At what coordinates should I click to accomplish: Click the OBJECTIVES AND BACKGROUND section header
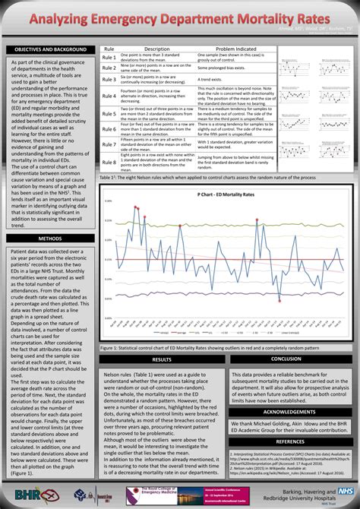(49, 49)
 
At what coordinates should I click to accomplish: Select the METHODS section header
(49, 238)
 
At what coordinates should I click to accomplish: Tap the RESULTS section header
(162, 337)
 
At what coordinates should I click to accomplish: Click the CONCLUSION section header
(286, 337)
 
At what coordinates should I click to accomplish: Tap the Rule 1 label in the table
(109, 57)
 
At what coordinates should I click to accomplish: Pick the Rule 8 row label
(109, 162)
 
